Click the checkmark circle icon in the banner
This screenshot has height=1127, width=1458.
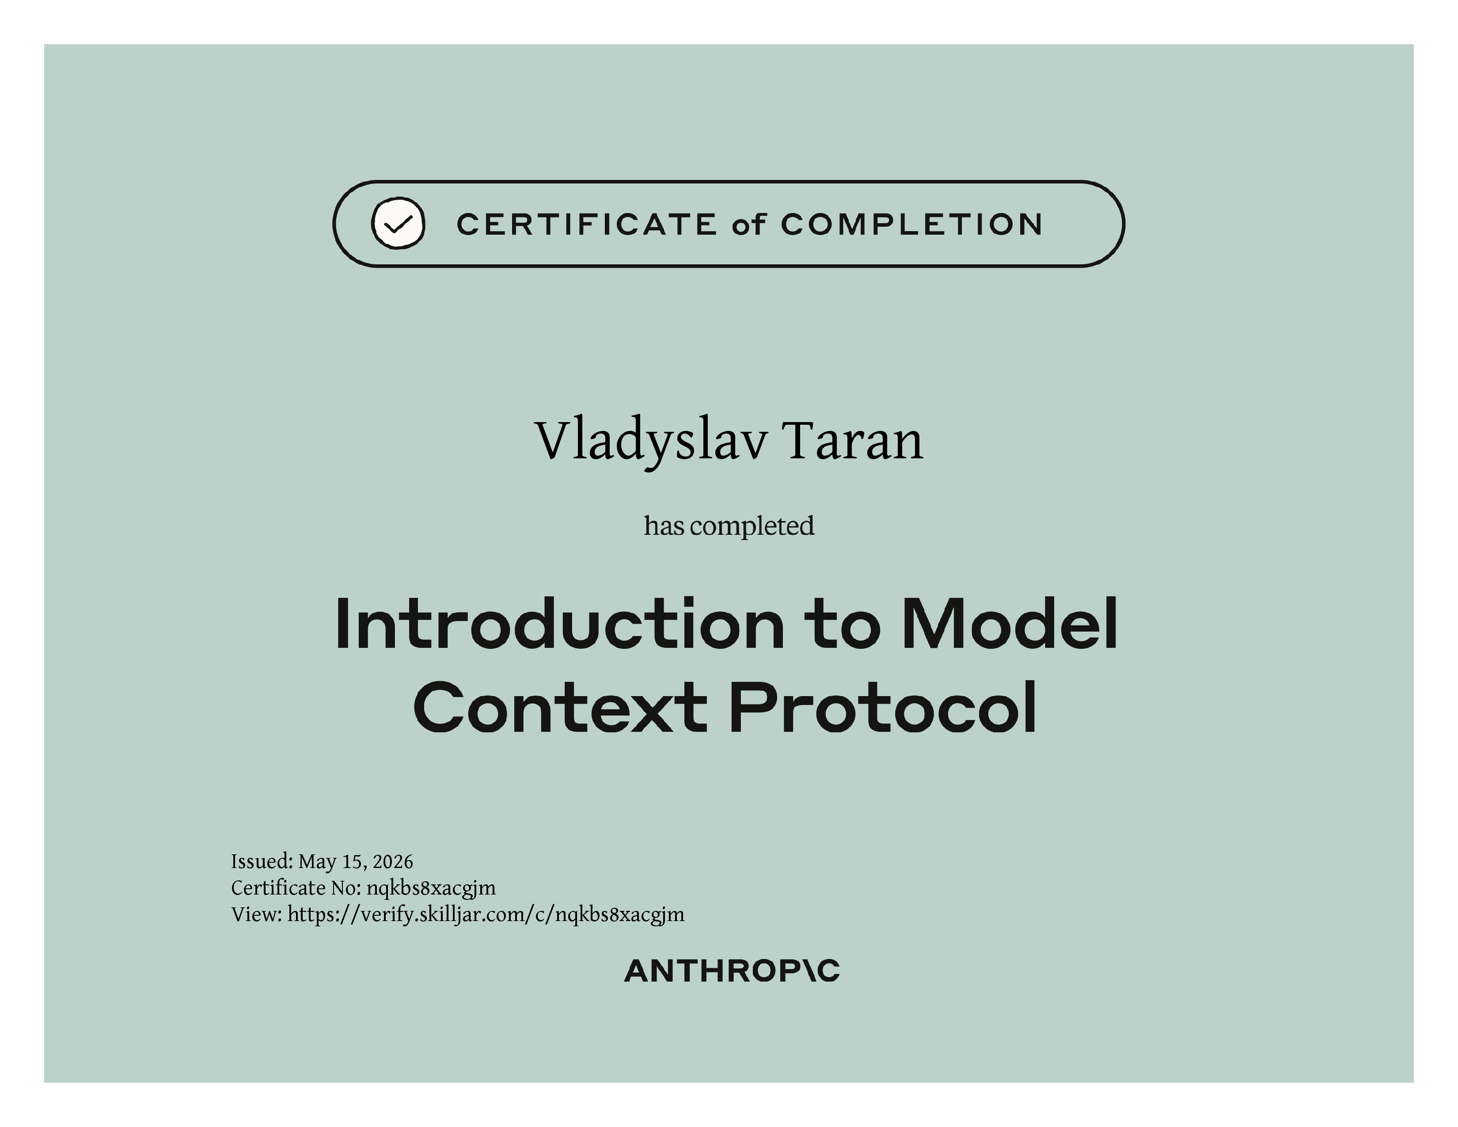[398, 223]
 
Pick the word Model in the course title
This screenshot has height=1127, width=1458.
[1010, 624]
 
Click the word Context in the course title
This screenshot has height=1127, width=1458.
[561, 708]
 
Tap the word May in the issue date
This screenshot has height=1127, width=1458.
[317, 863]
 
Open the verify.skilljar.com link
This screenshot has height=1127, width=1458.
[486, 915]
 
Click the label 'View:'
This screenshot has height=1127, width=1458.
[257, 915]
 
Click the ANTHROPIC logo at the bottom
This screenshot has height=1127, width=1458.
[732, 971]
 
